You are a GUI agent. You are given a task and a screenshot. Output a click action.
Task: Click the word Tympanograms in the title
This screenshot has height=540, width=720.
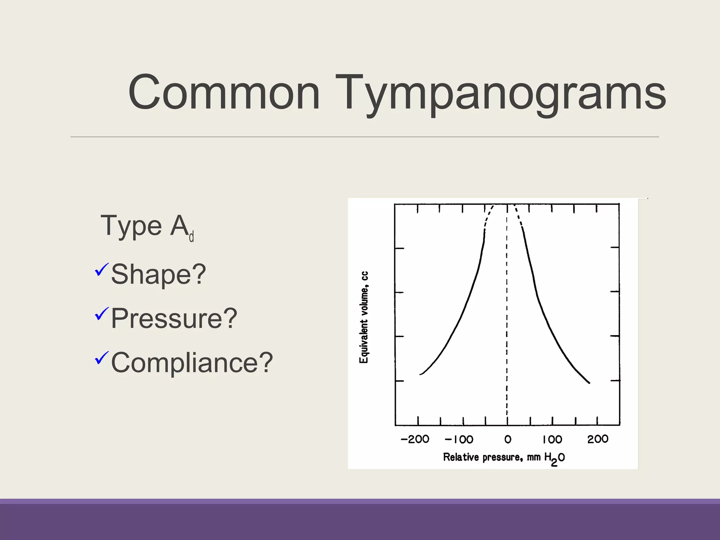click(501, 93)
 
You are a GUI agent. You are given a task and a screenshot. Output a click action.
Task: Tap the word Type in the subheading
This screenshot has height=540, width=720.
click(131, 226)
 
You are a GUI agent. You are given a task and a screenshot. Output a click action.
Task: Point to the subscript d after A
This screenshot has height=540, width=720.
click(192, 237)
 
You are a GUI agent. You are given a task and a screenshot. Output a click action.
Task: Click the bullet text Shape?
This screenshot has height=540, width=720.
click(158, 274)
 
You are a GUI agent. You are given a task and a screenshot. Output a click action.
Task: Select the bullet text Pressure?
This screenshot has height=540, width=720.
click(174, 319)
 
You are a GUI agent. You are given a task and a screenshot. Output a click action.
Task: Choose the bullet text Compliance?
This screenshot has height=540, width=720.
click(192, 362)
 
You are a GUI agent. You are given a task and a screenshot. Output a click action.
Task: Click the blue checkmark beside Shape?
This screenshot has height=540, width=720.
click(101, 269)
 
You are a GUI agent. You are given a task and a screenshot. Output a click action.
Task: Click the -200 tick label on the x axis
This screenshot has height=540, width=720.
click(415, 439)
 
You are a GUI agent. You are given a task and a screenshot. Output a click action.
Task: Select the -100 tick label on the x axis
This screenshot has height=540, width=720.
click(459, 439)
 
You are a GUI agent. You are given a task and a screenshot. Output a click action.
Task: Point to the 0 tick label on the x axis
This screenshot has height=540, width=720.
click(508, 439)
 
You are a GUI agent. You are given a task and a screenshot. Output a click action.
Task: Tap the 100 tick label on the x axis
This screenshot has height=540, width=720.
click(552, 439)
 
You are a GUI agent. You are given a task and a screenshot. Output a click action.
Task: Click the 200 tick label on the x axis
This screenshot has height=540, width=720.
click(598, 439)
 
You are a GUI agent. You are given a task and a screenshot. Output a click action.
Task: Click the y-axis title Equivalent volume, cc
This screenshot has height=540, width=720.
click(364, 317)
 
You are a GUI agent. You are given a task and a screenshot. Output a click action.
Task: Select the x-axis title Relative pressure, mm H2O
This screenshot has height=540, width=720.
click(503, 457)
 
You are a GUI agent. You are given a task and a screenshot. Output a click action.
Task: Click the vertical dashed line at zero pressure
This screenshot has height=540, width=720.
click(507, 316)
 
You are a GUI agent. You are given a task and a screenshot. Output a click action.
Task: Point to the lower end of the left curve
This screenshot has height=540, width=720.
click(421, 374)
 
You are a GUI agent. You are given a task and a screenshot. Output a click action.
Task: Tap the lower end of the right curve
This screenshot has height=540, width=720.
click(589, 382)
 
